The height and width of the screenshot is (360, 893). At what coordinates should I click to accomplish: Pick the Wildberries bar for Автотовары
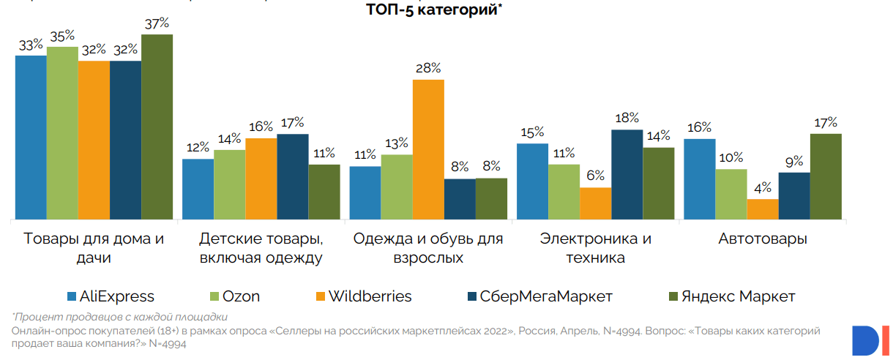[763, 209]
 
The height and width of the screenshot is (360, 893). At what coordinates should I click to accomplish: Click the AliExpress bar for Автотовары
[699, 179]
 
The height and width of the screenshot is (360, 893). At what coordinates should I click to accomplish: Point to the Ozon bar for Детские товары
[229, 184]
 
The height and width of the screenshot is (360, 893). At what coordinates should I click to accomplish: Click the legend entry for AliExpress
[110, 296]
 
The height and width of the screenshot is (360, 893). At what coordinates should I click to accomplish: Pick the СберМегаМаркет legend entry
[539, 296]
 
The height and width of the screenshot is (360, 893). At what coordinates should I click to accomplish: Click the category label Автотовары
[763, 239]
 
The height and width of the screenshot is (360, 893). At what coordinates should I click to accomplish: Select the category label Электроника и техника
[595, 248]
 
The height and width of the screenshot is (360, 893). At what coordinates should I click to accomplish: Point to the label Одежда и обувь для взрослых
[428, 248]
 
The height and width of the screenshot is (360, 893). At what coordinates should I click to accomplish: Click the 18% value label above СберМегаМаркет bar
[627, 118]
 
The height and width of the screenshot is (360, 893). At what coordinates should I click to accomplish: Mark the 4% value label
[763, 187]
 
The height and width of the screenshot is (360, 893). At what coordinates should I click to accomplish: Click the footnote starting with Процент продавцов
[120, 317]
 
